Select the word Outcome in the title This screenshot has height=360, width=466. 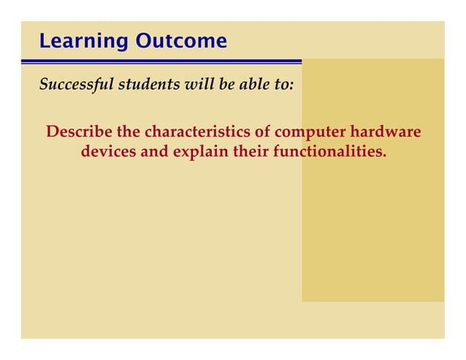tap(180, 42)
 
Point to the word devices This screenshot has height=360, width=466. tap(105, 153)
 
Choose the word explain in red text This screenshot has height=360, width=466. tap(200, 153)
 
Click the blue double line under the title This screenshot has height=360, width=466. tap(161, 61)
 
